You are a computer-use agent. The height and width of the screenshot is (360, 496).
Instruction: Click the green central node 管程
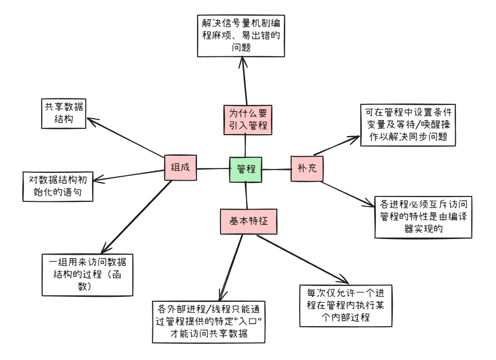tap(246, 169)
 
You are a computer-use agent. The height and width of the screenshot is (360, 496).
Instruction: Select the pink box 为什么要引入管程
tap(248, 119)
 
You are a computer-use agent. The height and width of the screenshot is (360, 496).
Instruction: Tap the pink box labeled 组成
tap(180, 168)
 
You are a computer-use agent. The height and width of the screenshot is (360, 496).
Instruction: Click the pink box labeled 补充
tap(307, 168)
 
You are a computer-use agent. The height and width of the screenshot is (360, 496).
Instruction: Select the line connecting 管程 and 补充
tap(276, 169)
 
